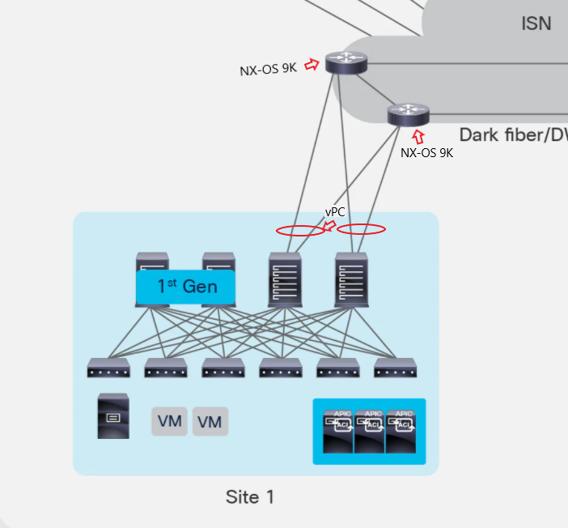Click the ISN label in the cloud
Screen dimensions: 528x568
click(536, 23)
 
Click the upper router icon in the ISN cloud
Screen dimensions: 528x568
click(346, 62)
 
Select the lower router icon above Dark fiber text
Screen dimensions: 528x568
click(409, 113)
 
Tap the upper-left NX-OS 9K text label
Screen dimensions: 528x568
click(268, 70)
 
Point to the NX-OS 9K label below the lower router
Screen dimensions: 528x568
click(426, 151)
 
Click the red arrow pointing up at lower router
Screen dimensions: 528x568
click(418, 136)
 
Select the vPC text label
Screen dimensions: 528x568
click(336, 212)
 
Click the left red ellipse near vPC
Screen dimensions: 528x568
click(300, 230)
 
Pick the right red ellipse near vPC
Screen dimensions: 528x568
click(361, 229)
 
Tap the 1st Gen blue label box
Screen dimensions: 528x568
click(185, 287)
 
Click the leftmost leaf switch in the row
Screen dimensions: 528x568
click(108, 368)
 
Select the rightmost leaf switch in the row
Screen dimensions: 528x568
click(396, 368)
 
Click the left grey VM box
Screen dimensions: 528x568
click(169, 421)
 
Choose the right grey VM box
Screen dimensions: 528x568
click(210, 421)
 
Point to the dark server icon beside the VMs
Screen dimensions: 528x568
click(112, 416)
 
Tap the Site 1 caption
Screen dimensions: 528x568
click(249, 496)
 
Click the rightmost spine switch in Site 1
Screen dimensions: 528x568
click(351, 278)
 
